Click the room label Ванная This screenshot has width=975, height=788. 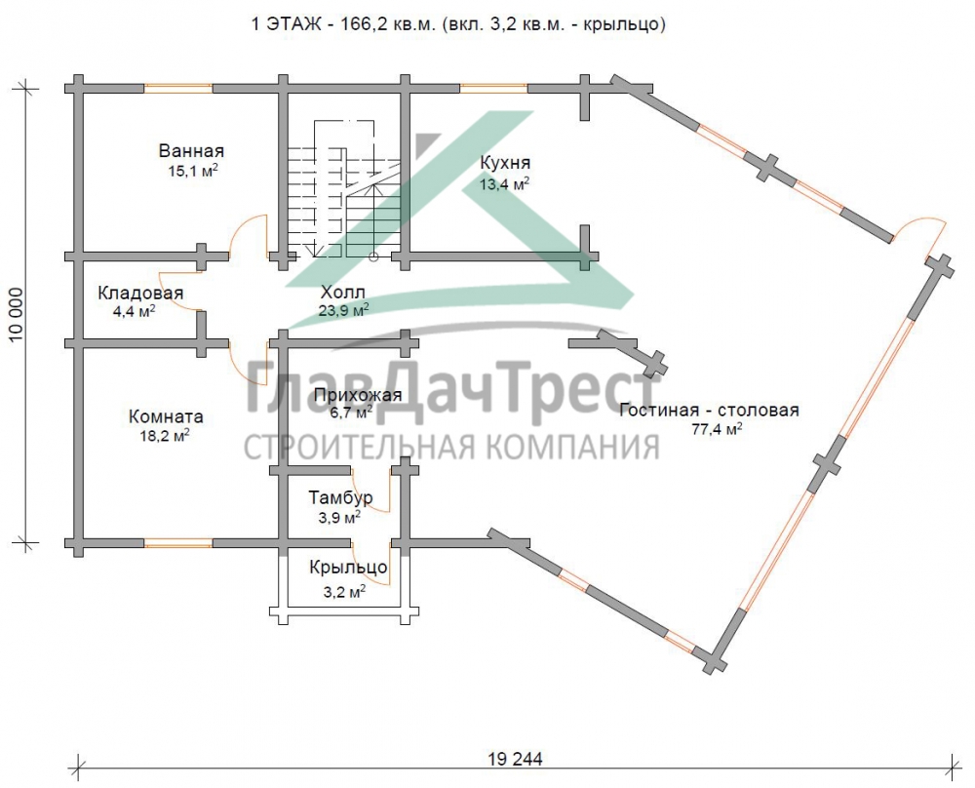coord(192,151)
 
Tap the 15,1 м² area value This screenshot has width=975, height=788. coord(192,171)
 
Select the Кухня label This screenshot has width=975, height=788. coord(505,162)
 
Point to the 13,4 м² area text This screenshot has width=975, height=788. coord(505,182)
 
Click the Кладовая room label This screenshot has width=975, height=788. coord(140,293)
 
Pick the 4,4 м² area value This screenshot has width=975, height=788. coord(134,312)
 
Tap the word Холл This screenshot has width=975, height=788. coord(343,292)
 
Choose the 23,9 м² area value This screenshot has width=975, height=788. coord(343,311)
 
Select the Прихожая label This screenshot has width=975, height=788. coord(358,395)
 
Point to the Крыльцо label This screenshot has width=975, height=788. coord(349,568)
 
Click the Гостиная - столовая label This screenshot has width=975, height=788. coord(709,410)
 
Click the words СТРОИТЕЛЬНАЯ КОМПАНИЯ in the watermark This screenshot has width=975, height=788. coord(450,447)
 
